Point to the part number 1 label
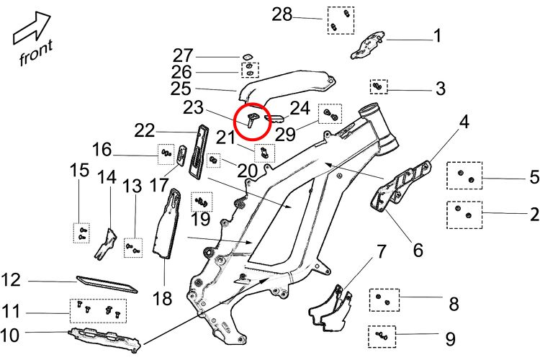[x=436, y=35]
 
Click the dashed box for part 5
[x=464, y=176]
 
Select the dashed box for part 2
[x=464, y=213]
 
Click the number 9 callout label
[x=450, y=336]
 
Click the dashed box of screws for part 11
[x=98, y=310]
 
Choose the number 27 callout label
[x=184, y=56]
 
